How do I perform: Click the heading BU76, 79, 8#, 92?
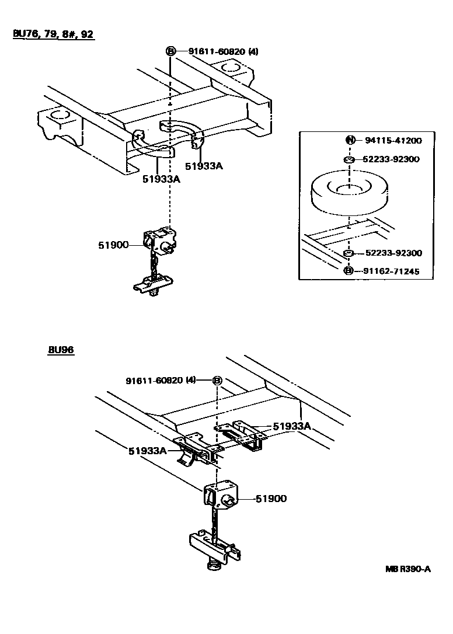(x=53, y=33)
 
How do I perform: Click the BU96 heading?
(x=61, y=350)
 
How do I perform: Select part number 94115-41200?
(x=393, y=141)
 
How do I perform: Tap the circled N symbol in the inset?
(x=350, y=140)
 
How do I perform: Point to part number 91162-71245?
(x=391, y=271)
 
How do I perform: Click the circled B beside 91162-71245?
(x=349, y=271)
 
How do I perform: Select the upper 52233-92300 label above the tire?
(x=391, y=159)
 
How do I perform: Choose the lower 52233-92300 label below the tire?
(x=393, y=253)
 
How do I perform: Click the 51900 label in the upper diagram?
(x=113, y=245)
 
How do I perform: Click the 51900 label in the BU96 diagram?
(x=271, y=499)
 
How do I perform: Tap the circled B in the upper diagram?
(x=170, y=51)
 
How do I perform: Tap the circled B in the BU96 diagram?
(x=217, y=381)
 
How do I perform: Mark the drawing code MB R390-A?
(x=408, y=569)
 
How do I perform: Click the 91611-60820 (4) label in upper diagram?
(x=223, y=51)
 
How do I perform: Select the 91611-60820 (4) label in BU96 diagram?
(x=161, y=381)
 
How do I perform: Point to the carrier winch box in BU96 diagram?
(x=221, y=496)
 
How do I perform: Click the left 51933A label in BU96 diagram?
(x=148, y=451)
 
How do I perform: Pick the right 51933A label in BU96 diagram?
(x=292, y=426)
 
